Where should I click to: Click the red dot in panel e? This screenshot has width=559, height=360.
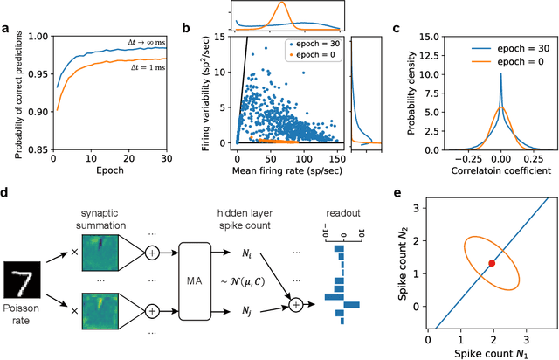click(491, 262)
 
